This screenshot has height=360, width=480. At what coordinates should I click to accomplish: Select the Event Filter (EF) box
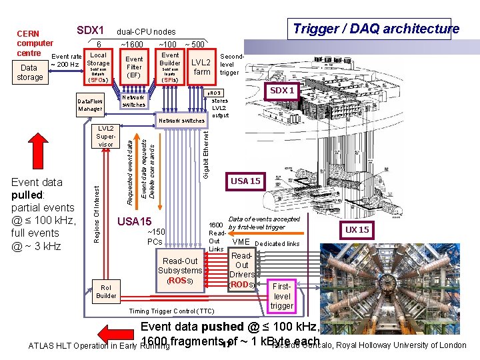(134, 67)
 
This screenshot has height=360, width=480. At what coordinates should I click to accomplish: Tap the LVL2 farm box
(202, 67)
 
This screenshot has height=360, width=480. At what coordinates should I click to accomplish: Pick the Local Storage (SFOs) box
(98, 67)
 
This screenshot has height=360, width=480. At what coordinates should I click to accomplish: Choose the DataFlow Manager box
(90, 105)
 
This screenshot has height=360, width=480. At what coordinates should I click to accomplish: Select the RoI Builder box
(106, 291)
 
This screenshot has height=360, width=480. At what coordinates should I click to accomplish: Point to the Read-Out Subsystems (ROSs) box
(180, 271)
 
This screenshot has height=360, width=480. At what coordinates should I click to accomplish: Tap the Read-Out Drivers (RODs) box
(241, 270)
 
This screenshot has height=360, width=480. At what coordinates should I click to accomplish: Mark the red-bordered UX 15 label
(357, 229)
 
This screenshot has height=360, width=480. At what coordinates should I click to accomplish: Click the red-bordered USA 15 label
(246, 181)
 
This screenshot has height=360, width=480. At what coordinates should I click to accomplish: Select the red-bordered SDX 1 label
(282, 91)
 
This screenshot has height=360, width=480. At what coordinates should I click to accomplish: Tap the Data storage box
(29, 73)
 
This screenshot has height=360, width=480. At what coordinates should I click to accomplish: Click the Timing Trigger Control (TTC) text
(172, 311)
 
